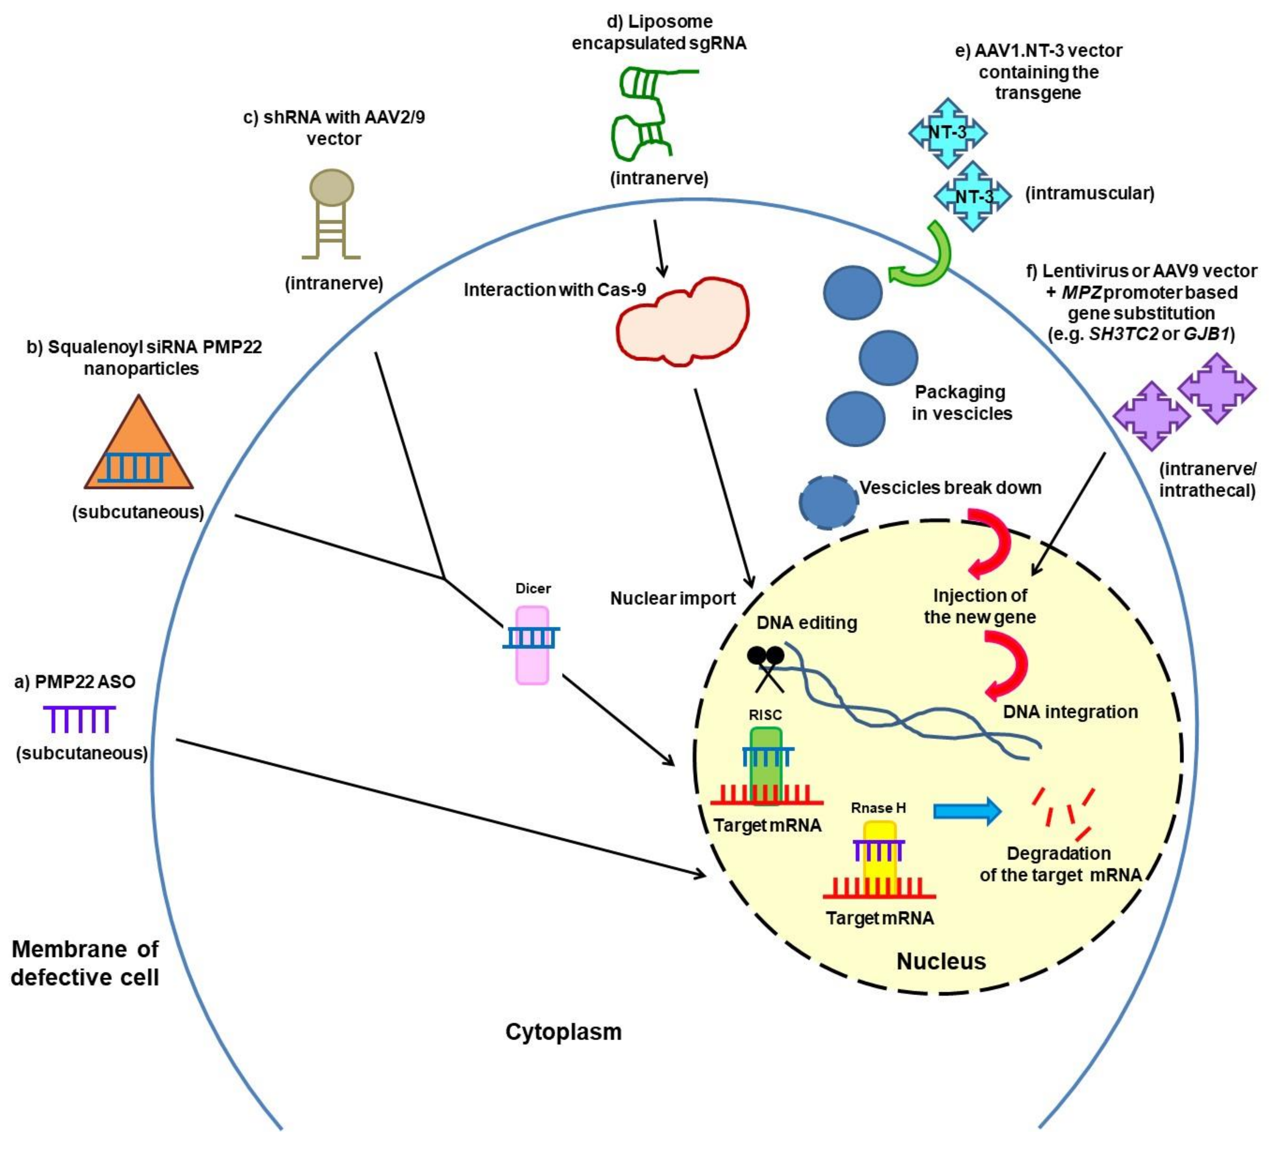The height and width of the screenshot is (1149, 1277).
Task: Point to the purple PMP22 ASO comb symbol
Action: click(79, 718)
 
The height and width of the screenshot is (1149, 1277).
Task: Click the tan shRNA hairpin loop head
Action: click(331, 188)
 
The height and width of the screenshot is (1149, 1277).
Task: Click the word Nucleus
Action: click(941, 961)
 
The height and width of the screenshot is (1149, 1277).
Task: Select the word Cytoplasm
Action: click(563, 1031)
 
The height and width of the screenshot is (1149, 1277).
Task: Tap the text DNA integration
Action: click(1070, 711)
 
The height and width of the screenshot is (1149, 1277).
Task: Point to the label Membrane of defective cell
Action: click(85, 963)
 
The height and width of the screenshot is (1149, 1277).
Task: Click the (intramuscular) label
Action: click(1089, 193)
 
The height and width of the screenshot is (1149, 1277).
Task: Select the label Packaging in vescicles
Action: click(961, 403)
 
